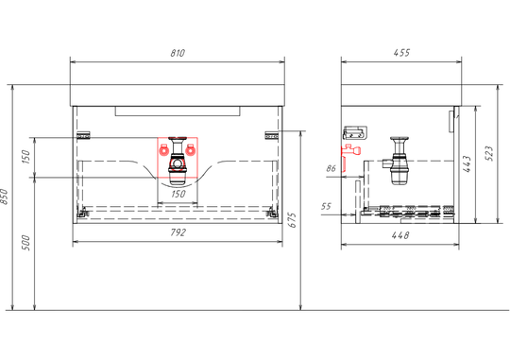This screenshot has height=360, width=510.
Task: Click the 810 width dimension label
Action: (x=178, y=53)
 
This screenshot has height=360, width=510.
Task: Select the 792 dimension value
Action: (x=178, y=232)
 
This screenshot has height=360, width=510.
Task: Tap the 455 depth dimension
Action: (x=401, y=52)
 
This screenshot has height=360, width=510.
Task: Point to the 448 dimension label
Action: (x=400, y=235)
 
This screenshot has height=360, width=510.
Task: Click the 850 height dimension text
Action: (x=4, y=197)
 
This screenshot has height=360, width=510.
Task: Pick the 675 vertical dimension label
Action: (x=293, y=220)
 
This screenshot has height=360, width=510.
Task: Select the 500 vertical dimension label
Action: (x=26, y=243)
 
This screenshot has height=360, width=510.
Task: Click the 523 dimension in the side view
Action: (x=489, y=153)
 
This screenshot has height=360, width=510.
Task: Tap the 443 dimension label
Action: (x=467, y=163)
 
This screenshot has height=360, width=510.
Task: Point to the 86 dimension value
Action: (x=331, y=168)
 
